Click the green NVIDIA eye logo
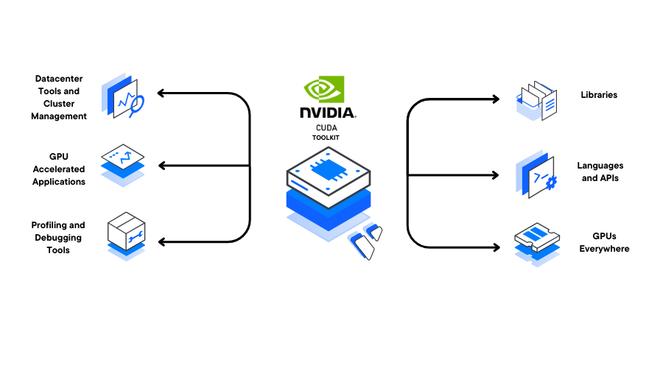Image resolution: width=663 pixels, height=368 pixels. click(324, 89)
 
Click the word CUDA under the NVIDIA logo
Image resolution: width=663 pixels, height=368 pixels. click(326, 128)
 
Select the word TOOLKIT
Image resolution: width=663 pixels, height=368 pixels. click(326, 138)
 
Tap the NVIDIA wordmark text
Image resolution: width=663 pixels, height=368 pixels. click(328, 113)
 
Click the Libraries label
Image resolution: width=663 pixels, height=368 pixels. click(599, 95)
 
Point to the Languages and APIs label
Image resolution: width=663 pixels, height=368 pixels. click(600, 172)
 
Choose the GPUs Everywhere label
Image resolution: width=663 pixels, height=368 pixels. click(604, 243)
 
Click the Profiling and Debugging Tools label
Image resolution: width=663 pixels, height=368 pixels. click(58, 238)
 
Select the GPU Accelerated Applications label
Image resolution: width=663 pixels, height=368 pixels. click(59, 169)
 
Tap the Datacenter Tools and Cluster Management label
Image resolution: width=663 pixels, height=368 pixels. click(59, 97)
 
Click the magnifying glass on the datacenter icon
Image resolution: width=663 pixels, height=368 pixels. click(136, 105)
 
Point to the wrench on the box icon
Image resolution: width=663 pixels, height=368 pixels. click(136, 237)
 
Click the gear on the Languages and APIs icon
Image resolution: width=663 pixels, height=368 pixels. click(551, 183)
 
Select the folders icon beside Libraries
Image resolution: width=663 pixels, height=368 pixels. click(536, 101)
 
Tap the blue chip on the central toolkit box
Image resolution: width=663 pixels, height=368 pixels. click(329, 169)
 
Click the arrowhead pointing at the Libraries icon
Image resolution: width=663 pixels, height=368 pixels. click(496, 99)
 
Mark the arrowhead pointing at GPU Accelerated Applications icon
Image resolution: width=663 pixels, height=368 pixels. click(162, 166)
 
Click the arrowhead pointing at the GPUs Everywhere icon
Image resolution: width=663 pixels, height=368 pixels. click(496, 247)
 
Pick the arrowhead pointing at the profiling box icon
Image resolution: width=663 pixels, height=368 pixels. click(162, 241)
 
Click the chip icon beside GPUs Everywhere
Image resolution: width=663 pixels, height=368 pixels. click(537, 244)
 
